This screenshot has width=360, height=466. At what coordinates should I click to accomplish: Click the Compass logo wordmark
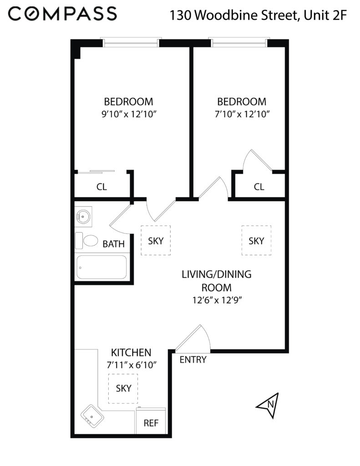pyautogui.click(x=62, y=14)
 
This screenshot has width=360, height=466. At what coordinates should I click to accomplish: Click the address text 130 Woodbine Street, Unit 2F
pyautogui.click(x=258, y=15)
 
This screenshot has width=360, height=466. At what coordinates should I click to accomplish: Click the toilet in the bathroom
pyautogui.click(x=86, y=241)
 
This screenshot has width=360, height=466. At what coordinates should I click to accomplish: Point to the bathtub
pyautogui.click(x=101, y=267)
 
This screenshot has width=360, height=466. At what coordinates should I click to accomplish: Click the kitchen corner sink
pyautogui.click(x=92, y=416)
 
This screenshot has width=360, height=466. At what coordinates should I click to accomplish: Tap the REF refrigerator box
pyautogui.click(x=151, y=421)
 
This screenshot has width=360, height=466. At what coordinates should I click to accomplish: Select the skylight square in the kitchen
pyautogui.click(x=123, y=389)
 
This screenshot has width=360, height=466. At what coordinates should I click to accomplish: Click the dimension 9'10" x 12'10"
pyautogui.click(x=129, y=114)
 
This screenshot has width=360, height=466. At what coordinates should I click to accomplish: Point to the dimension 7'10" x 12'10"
pyautogui.click(x=242, y=114)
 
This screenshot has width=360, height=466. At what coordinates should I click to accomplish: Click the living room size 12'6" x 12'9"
pyautogui.click(x=217, y=300)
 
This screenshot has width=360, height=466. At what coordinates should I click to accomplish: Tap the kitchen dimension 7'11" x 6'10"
pyautogui.click(x=132, y=365)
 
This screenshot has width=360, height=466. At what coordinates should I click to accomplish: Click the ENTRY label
pyautogui.click(x=193, y=360)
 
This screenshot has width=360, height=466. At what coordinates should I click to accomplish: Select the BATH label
pyautogui.click(x=114, y=244)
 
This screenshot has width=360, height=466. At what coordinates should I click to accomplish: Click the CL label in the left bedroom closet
pyautogui.click(x=101, y=187)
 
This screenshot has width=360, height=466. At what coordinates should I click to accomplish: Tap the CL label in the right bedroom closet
pyautogui.click(x=259, y=187)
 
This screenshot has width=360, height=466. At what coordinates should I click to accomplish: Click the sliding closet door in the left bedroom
pyautogui.click(x=96, y=172)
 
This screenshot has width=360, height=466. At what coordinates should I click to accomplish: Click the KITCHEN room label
pyautogui.click(x=131, y=353)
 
